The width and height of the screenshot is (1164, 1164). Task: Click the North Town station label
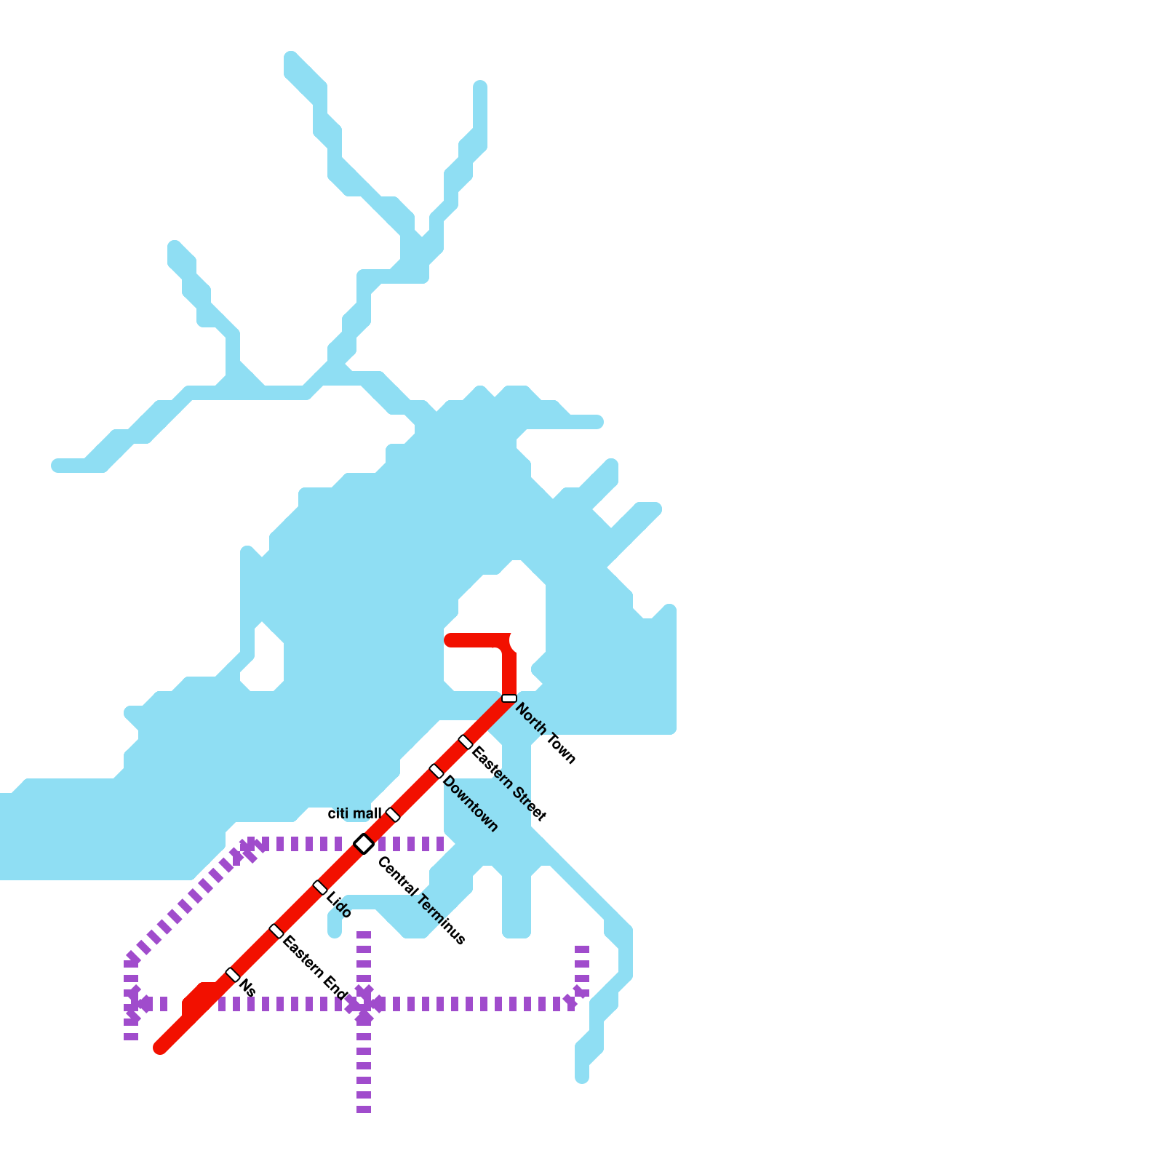546,733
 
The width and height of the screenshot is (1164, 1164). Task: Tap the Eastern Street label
509,784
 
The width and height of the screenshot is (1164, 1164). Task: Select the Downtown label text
471,804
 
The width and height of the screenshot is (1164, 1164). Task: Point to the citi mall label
354,813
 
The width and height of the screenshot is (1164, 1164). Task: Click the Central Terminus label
421,901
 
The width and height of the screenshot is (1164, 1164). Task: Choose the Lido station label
340,905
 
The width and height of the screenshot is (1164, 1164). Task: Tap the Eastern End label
315,967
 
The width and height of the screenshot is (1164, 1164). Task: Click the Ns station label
247,987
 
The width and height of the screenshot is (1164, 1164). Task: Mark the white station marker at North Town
509,698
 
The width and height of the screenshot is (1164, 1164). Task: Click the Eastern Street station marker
466,742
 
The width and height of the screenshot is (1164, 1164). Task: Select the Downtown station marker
436,771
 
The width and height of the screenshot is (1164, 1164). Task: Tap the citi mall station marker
393,815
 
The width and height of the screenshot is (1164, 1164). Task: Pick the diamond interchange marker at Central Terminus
364,844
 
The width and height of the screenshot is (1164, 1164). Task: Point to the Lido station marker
320,888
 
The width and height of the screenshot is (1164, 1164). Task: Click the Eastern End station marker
276,931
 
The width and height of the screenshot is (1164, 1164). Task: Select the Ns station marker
233,975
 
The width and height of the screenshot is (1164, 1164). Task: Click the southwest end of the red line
160,1048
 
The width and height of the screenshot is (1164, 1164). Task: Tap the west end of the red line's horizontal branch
450,640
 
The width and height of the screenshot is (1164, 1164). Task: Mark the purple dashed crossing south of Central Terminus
364,1004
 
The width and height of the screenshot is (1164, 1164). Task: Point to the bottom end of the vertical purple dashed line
364,1110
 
